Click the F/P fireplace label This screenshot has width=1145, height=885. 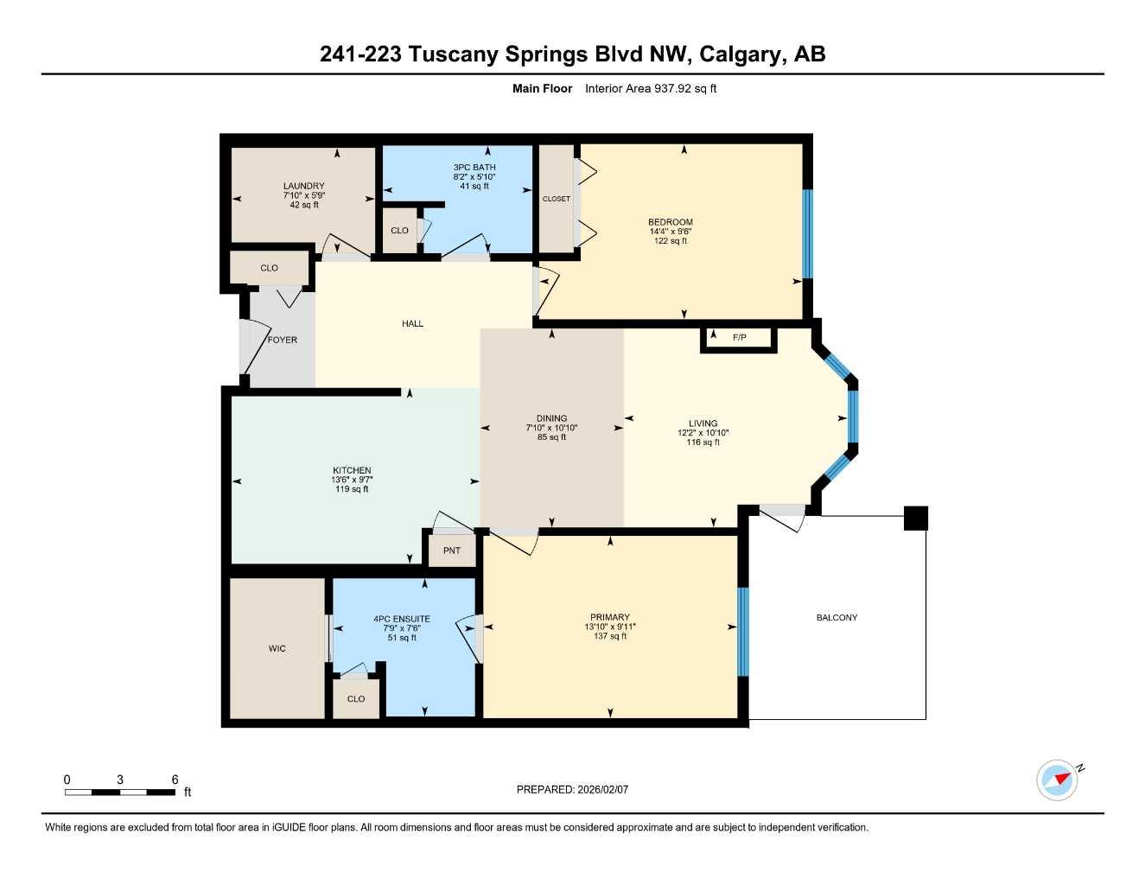click(x=739, y=338)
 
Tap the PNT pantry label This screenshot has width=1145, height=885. click(x=451, y=551)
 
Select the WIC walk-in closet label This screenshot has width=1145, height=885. click(x=277, y=649)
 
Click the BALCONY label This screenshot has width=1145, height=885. click(x=836, y=618)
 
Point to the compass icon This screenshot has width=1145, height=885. click(x=1058, y=780)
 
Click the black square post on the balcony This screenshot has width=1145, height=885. click(x=915, y=518)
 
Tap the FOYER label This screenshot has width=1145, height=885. click(x=282, y=341)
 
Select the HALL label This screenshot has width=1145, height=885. click(x=412, y=324)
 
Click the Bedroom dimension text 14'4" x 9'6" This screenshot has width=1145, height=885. click(x=671, y=232)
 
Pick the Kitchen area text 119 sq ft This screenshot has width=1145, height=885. click(x=352, y=489)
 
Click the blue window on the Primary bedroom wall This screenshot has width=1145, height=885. click(x=742, y=632)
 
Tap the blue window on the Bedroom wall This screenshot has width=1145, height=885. click(x=808, y=233)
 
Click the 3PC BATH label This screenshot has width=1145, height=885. click(x=474, y=168)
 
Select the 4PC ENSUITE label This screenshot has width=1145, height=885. click(x=402, y=619)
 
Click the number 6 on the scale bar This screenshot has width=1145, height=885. click(x=175, y=780)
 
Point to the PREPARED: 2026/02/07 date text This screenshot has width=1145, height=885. click(x=572, y=790)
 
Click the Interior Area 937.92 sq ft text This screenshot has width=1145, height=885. click(x=651, y=88)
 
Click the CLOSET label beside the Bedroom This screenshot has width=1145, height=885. click(x=556, y=199)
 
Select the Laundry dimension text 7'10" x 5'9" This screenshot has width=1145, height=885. click(x=304, y=196)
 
